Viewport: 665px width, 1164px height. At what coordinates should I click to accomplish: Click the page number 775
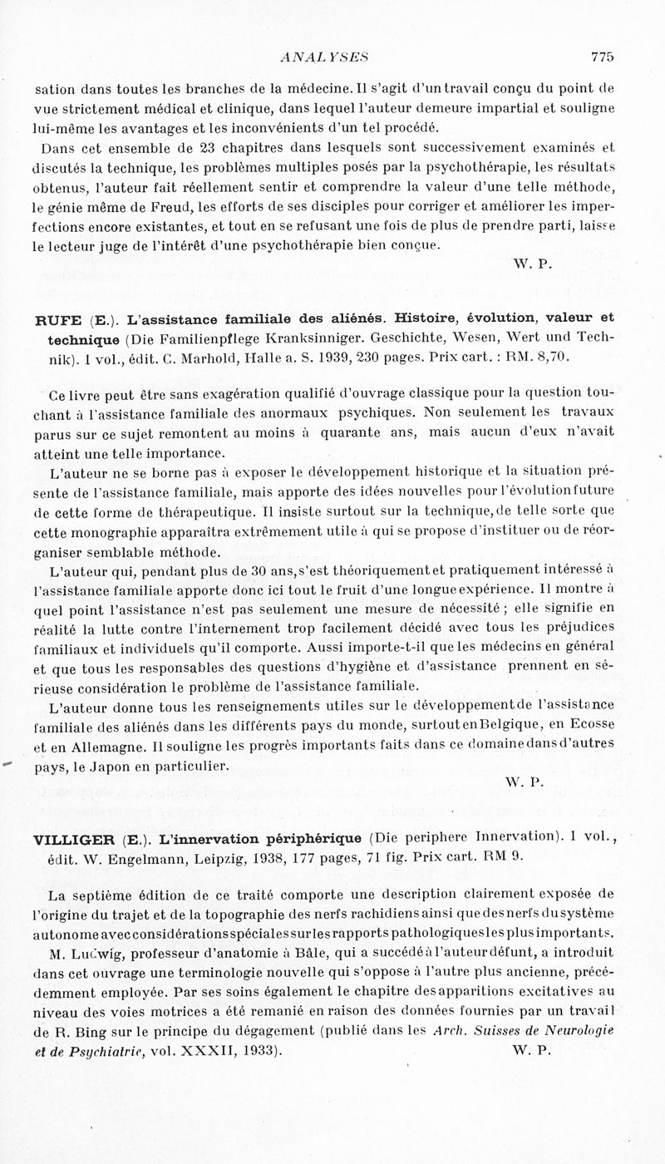pyautogui.click(x=602, y=57)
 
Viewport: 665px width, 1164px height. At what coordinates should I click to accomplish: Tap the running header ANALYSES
pyautogui.click(x=325, y=57)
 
